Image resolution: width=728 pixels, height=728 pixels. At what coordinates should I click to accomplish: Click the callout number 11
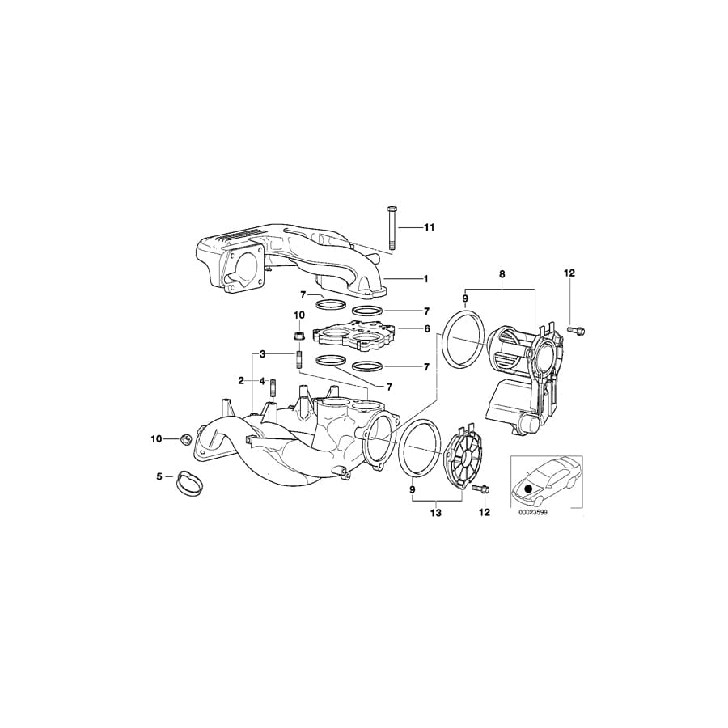pyautogui.click(x=429, y=227)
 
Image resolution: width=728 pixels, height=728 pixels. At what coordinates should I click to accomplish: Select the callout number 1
pyautogui.click(x=425, y=278)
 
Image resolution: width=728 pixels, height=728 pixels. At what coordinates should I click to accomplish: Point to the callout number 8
pyautogui.click(x=502, y=274)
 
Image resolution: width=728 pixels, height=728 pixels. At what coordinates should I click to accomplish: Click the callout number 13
pyautogui.click(x=436, y=512)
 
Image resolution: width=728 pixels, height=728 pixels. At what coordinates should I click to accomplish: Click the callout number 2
pyautogui.click(x=241, y=380)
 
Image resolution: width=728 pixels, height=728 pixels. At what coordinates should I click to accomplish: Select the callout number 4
pyautogui.click(x=262, y=380)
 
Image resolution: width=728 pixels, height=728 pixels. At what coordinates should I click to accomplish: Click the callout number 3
pyautogui.click(x=262, y=353)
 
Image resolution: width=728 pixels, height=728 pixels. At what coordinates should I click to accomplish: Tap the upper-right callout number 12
pyautogui.click(x=569, y=274)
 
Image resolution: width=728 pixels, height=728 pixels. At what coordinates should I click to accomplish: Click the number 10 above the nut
pyautogui.click(x=298, y=315)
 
